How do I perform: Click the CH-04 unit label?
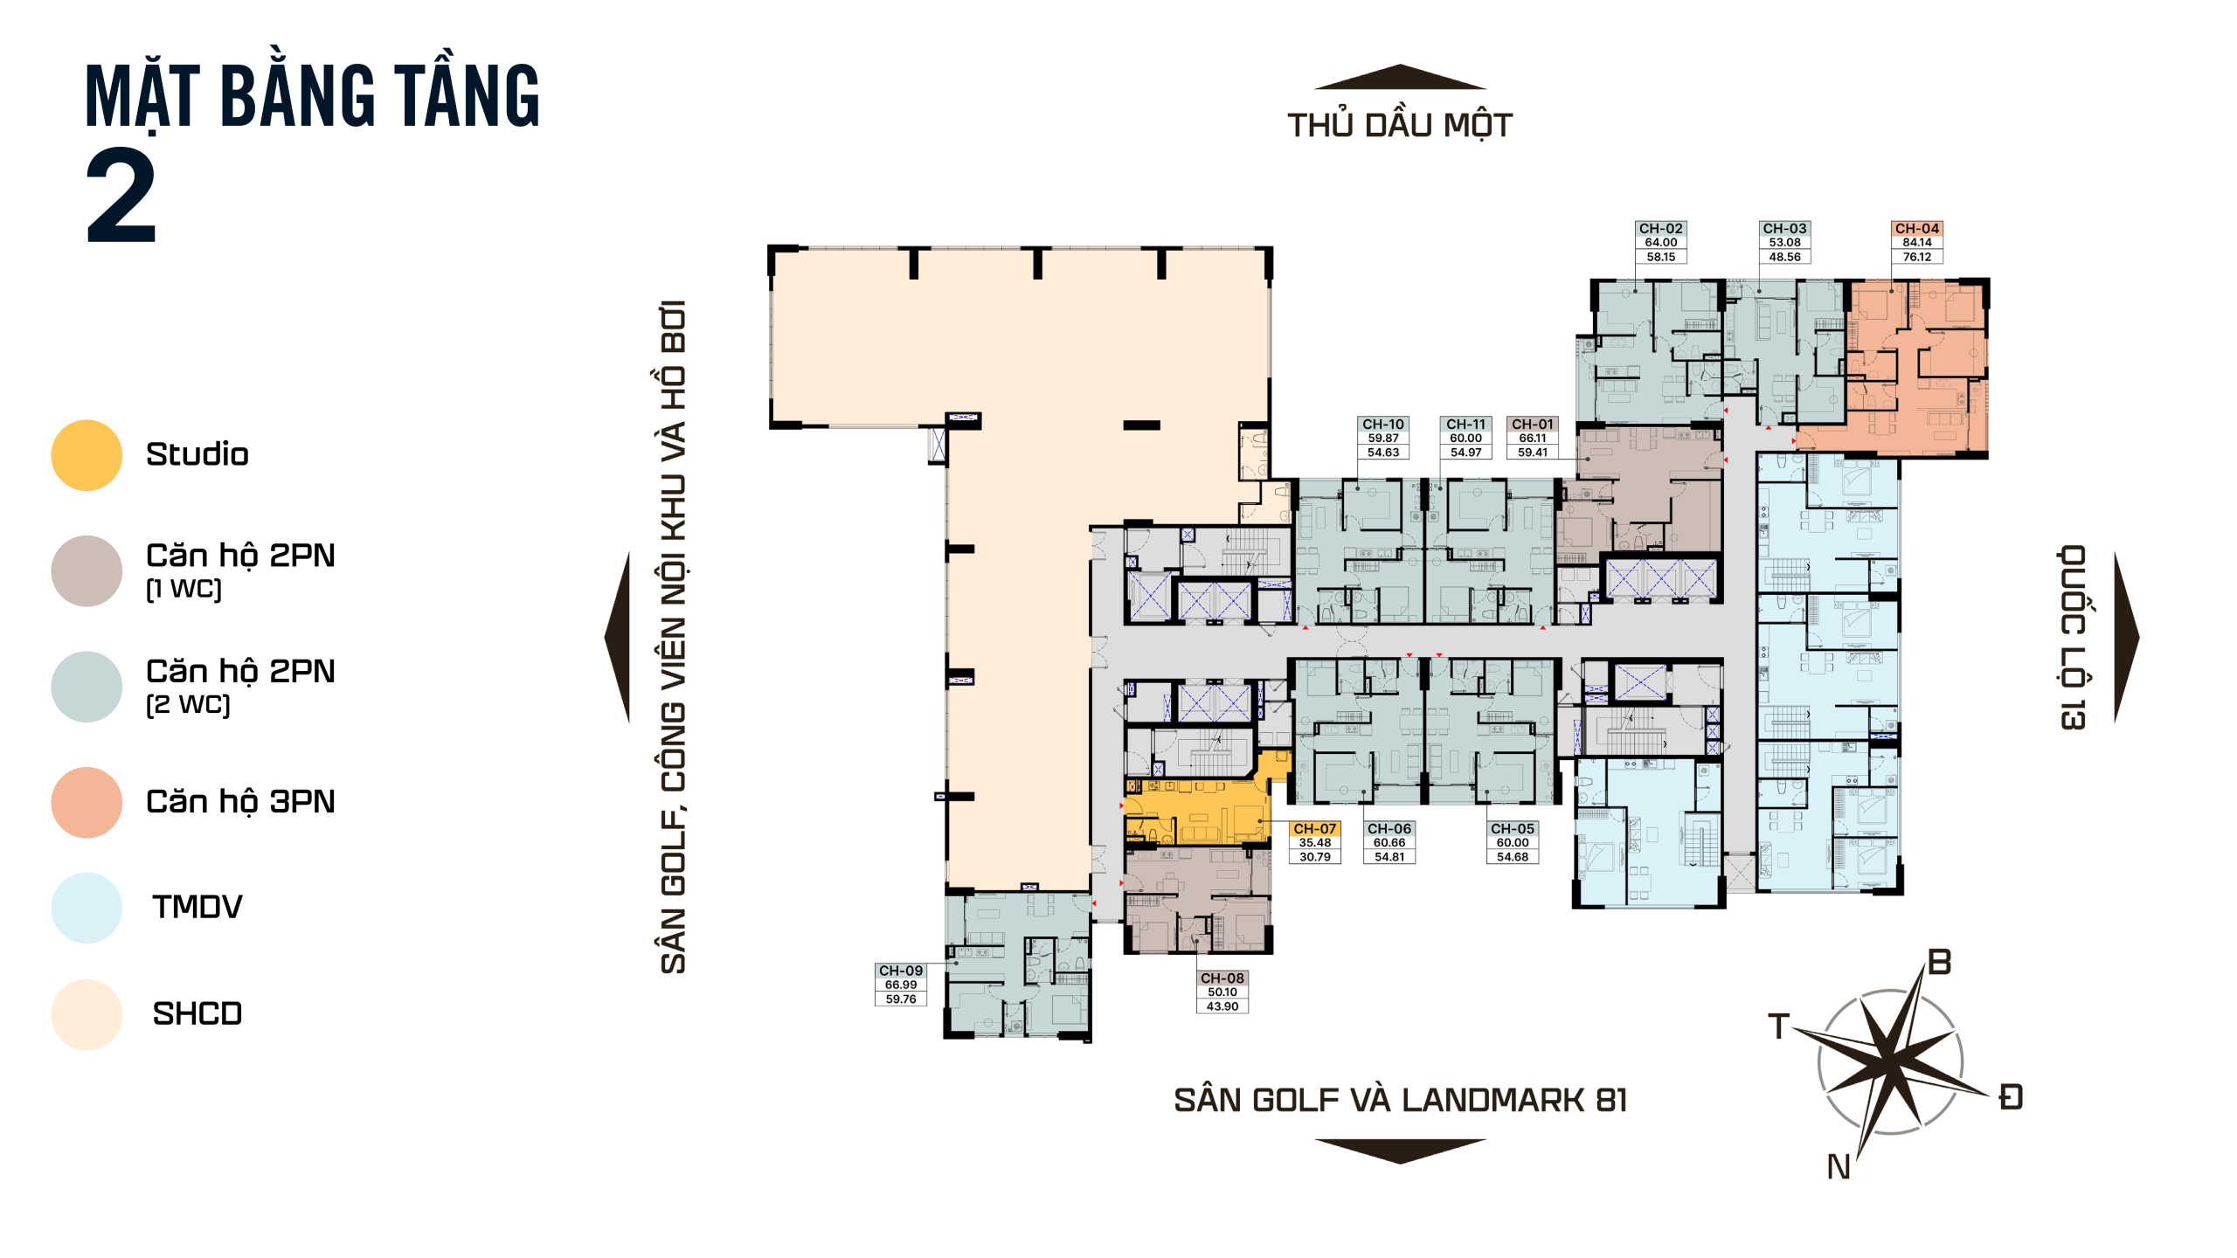pyautogui.click(x=1917, y=229)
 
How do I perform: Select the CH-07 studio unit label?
pyautogui.click(x=1315, y=829)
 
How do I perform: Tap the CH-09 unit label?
pyautogui.click(x=901, y=971)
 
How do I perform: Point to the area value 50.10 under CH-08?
pyautogui.click(x=1222, y=992)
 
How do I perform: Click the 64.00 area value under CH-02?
pyautogui.click(x=1661, y=243)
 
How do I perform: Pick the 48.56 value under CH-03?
pyautogui.click(x=1785, y=257)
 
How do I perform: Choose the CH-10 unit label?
pyautogui.click(x=1383, y=425)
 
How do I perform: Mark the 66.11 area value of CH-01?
pyautogui.click(x=1533, y=439)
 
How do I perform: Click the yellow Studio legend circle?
pyautogui.click(x=87, y=455)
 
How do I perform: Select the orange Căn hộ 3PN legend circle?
pyautogui.click(x=87, y=803)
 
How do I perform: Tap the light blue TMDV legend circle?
pyautogui.click(x=87, y=908)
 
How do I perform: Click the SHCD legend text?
pyautogui.click(x=197, y=1013)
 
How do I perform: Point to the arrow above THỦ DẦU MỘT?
pyautogui.click(x=1400, y=77)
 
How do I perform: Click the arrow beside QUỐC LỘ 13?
pyautogui.click(x=2127, y=638)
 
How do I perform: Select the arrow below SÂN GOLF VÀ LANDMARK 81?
pyautogui.click(x=1400, y=1151)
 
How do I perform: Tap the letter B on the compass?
pyautogui.click(x=1940, y=963)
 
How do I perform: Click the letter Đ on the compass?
pyautogui.click(x=2011, y=1096)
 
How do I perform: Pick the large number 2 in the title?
pyautogui.click(x=121, y=196)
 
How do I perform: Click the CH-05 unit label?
pyautogui.click(x=1513, y=829)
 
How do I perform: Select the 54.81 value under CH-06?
pyautogui.click(x=1389, y=857)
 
